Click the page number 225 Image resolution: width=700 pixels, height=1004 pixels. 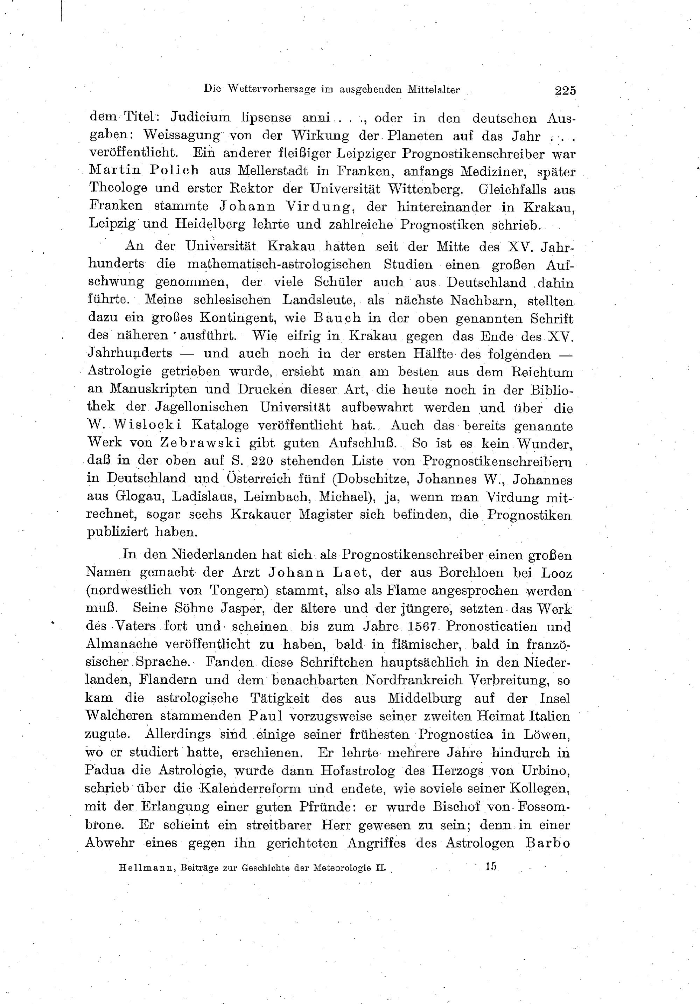[565, 91]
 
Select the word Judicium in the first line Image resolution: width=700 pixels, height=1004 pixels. [200, 118]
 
